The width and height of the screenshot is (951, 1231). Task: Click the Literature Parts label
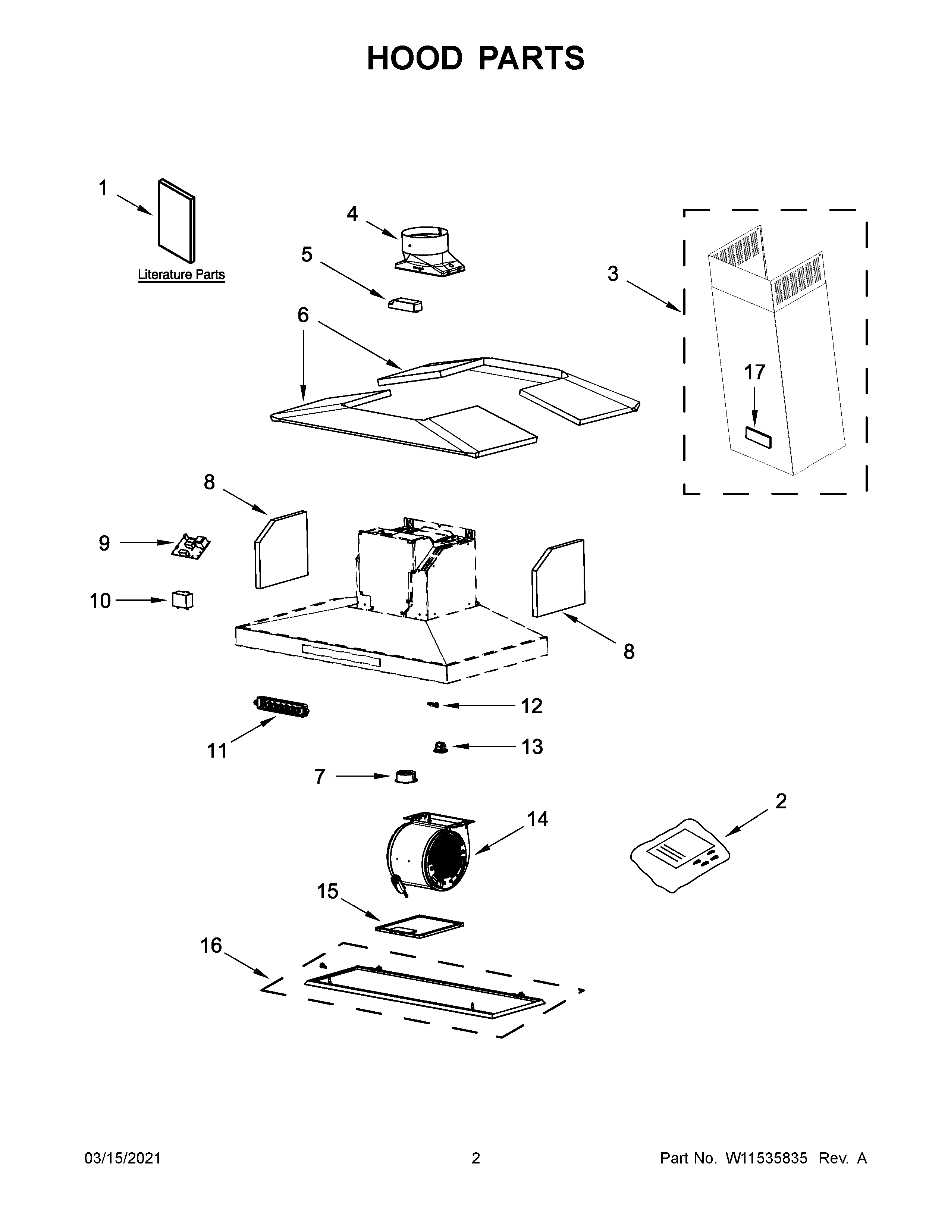[181, 275]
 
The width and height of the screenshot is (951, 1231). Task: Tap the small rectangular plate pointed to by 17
[758, 438]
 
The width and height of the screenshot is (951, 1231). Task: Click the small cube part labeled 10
[182, 600]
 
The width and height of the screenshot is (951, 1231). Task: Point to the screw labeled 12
[433, 705]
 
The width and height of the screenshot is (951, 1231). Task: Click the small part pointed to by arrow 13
[440, 748]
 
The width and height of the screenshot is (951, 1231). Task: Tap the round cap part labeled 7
[405, 777]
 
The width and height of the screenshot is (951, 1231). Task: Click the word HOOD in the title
[414, 58]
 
